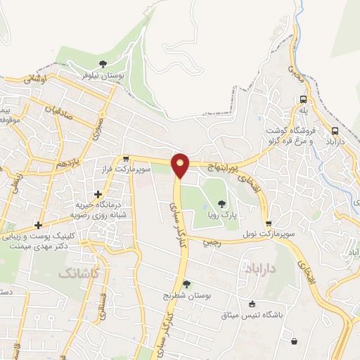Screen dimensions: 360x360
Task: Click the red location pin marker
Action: coord(181,165)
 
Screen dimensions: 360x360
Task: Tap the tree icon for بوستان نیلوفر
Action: coord(104,64)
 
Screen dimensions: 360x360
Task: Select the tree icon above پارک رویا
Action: coord(221,204)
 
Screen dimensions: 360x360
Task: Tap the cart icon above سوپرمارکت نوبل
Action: coord(268,224)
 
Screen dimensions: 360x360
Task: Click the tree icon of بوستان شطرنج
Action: coord(186,284)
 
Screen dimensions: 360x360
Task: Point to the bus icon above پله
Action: coord(302,99)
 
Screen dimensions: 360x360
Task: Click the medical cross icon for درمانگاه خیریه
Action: coord(97,193)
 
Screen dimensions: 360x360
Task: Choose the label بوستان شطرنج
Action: coord(186,296)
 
